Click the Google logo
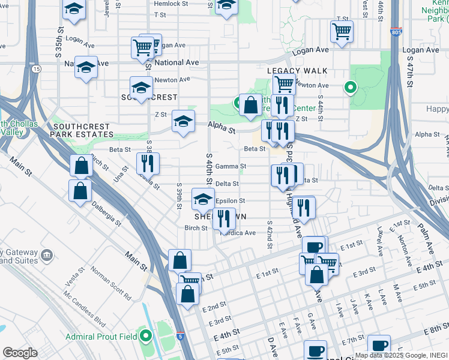20,353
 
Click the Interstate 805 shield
395,31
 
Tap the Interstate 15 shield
37,70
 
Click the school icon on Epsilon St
203,198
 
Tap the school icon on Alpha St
183,121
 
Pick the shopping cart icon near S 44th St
342,30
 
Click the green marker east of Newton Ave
350,88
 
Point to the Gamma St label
235,166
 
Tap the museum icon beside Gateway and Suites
47,257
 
